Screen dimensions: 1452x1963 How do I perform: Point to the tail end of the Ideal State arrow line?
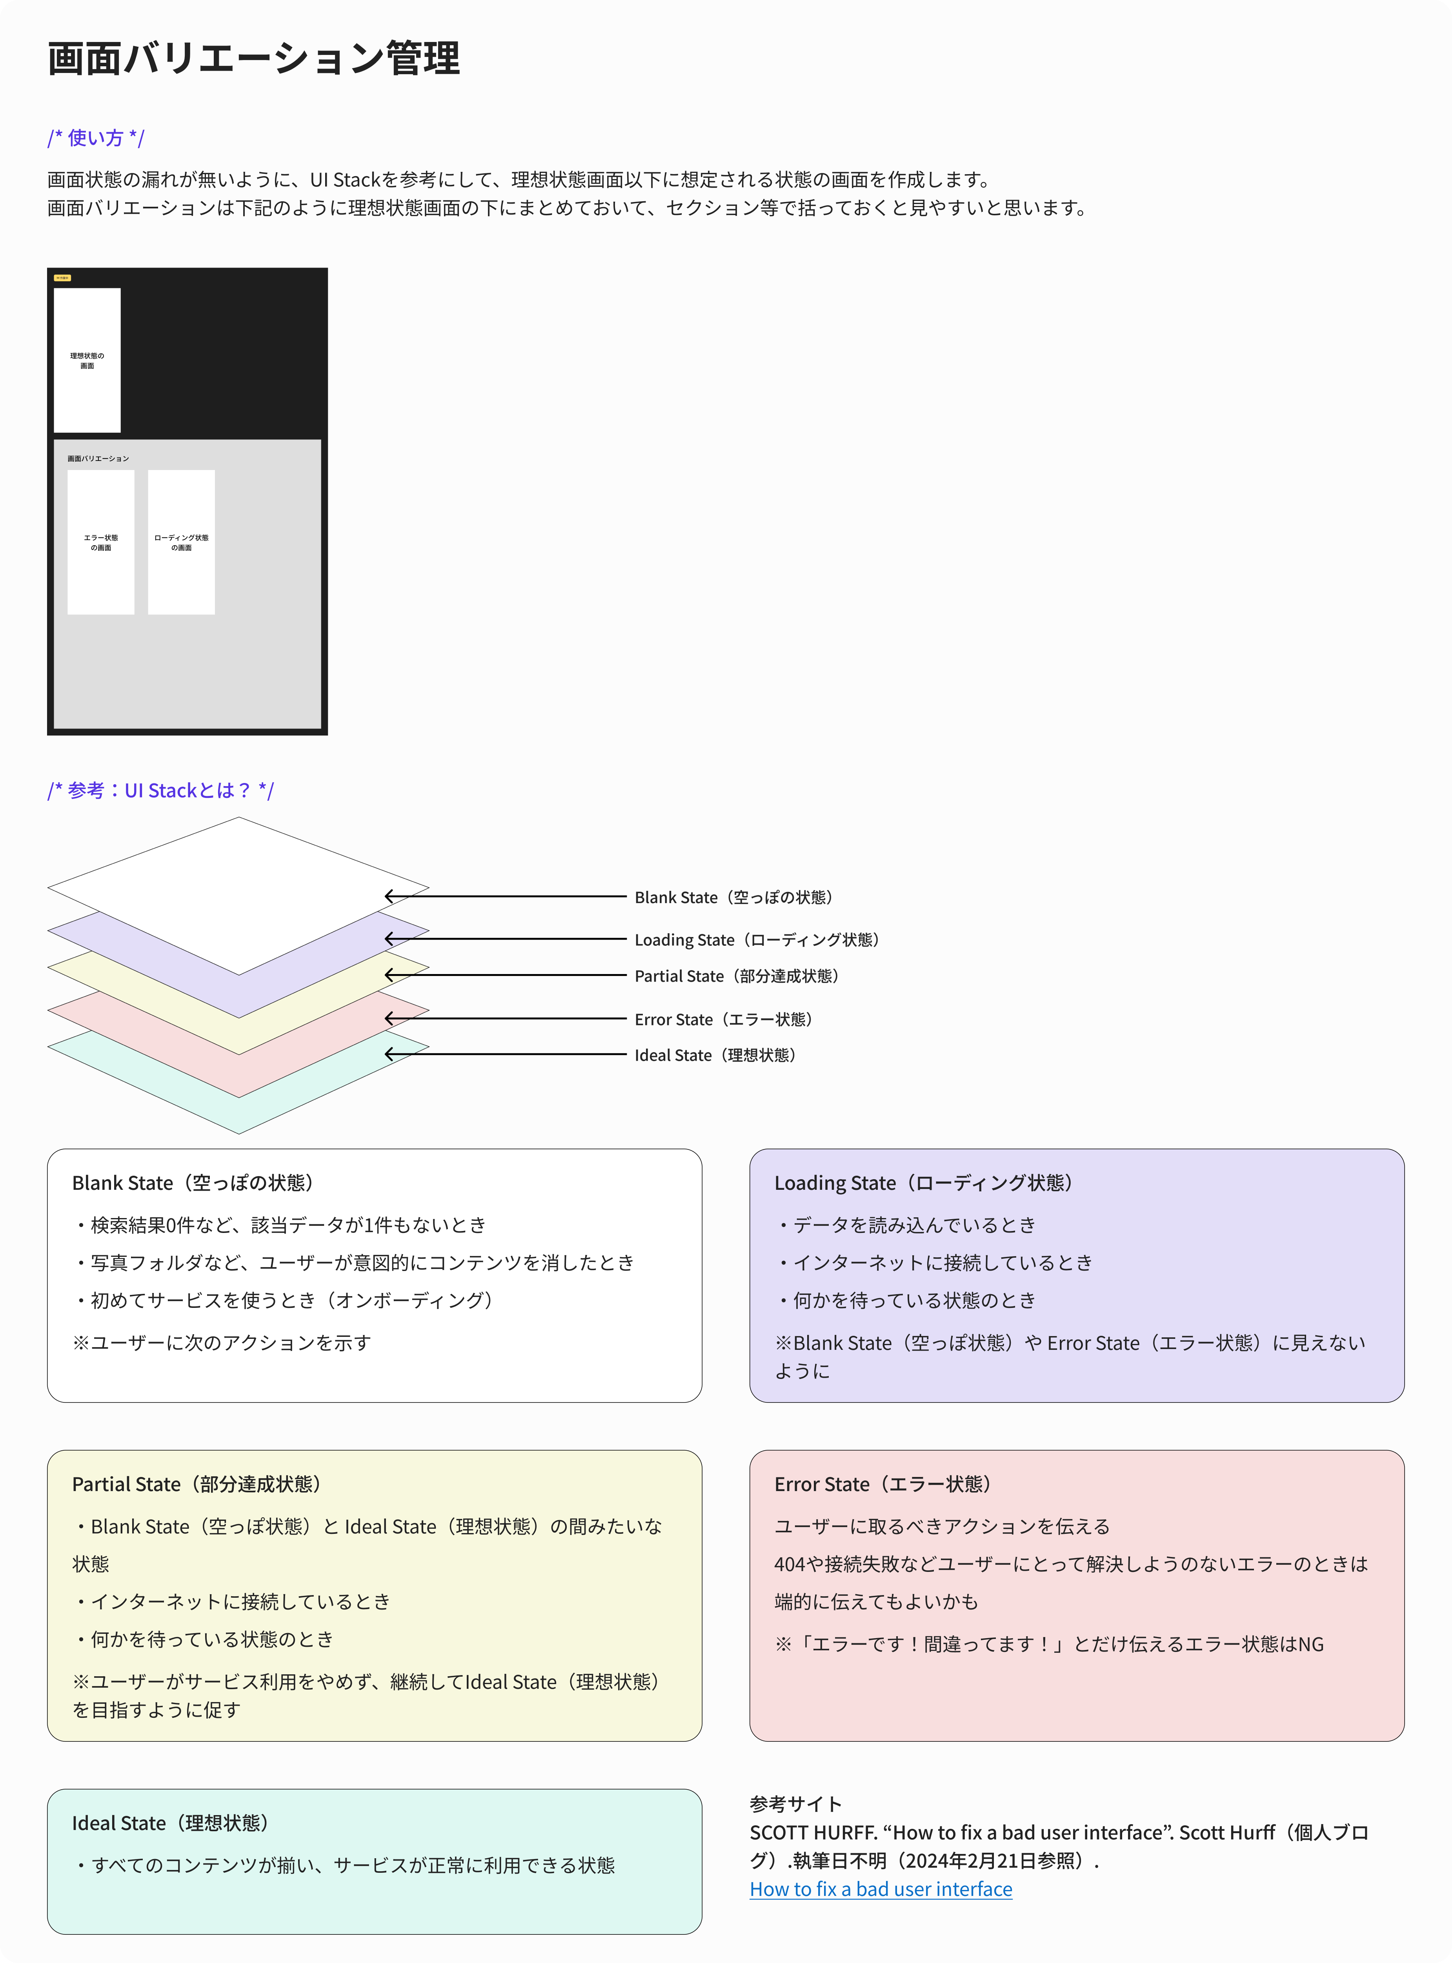click(626, 1054)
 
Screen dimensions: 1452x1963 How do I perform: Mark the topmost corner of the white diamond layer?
click(238, 818)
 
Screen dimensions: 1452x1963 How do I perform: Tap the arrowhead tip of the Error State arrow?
click(385, 1018)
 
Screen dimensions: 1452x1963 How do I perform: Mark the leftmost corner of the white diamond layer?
click(47, 888)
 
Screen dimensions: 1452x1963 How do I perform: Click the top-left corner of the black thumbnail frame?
click(47, 268)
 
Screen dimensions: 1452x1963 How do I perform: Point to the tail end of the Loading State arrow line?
click(626, 939)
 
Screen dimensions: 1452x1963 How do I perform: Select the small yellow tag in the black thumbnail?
click(62, 278)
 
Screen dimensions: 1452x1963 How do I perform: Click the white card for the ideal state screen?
click(87, 361)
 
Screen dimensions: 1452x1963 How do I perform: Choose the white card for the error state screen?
click(101, 543)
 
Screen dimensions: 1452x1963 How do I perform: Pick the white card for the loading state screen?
click(181, 543)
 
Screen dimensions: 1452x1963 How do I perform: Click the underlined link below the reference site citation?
click(881, 1889)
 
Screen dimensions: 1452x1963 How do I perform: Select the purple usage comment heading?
click(96, 138)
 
